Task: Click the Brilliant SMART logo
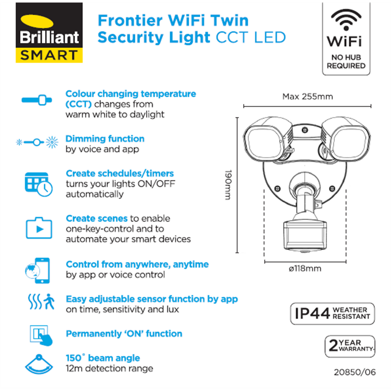[x=49, y=32]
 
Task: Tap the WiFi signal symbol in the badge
[x=346, y=20]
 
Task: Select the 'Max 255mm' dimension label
[x=308, y=97]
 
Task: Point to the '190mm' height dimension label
[x=229, y=185]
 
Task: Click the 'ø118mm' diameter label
[x=305, y=269]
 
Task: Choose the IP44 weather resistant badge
[x=332, y=314]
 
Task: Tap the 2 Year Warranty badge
[x=350, y=346]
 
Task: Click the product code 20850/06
[x=355, y=372]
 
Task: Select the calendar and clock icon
[x=38, y=184]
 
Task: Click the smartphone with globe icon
[x=38, y=270]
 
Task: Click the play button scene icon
[x=39, y=228]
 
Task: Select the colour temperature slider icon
[x=37, y=100]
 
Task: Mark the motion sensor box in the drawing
[x=305, y=235]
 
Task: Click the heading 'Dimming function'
[x=105, y=139]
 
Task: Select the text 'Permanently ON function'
[x=124, y=334]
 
